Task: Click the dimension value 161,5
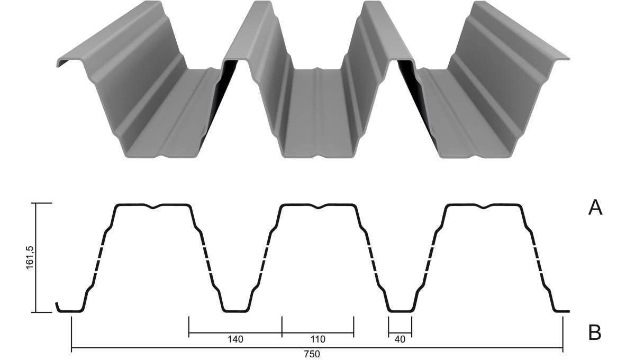pyautogui.click(x=30, y=258)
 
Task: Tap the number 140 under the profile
pyautogui.click(x=235, y=339)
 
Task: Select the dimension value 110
pyautogui.click(x=318, y=339)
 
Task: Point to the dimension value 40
pyautogui.click(x=400, y=339)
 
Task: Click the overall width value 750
pyautogui.click(x=312, y=354)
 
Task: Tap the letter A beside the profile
pyautogui.click(x=595, y=208)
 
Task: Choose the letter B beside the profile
pyautogui.click(x=595, y=332)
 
